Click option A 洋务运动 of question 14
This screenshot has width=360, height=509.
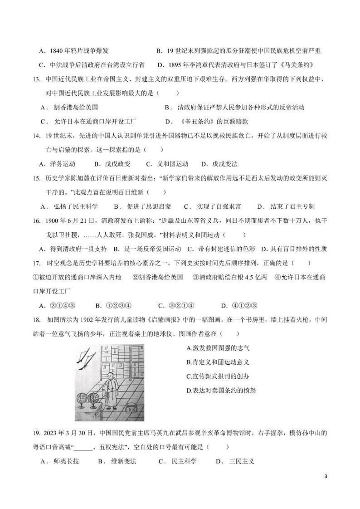pos(57,164)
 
